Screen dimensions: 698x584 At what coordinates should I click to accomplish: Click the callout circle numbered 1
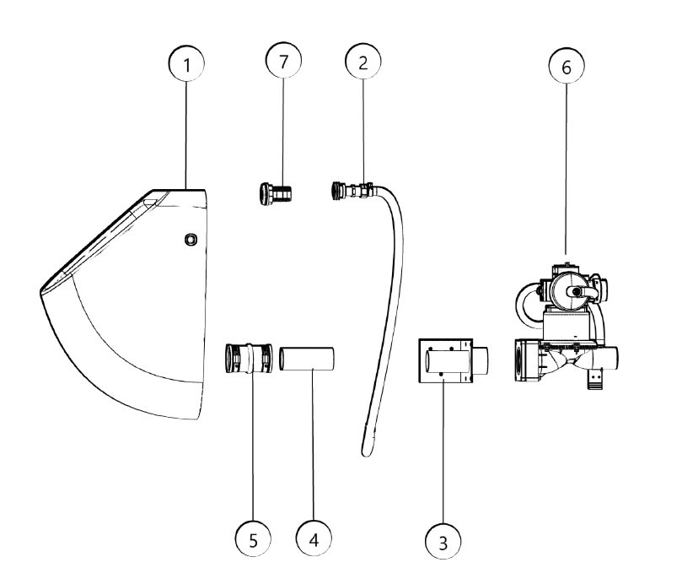[x=186, y=63]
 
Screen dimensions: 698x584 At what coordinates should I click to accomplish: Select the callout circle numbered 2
[x=363, y=62]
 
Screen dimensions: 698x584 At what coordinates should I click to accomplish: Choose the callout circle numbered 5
[x=253, y=539]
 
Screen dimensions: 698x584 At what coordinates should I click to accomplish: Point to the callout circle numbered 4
[x=314, y=538]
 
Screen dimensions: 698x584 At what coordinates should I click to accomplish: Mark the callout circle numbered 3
[x=443, y=541]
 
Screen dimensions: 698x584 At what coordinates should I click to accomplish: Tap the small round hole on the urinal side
[x=191, y=240]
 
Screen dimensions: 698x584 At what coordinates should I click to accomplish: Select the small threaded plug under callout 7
[x=275, y=193]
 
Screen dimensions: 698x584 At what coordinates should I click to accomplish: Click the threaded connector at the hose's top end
[x=352, y=191]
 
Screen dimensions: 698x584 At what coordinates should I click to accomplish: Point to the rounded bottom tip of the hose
[x=366, y=452]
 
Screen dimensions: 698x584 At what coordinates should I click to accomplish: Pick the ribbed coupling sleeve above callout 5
[x=248, y=358]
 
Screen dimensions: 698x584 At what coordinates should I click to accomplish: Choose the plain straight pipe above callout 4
[x=307, y=359]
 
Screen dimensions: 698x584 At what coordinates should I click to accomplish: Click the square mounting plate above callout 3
[x=445, y=360]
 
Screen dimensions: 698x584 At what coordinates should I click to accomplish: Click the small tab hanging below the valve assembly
[x=595, y=379]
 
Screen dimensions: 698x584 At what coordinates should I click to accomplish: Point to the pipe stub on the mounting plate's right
[x=480, y=360]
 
